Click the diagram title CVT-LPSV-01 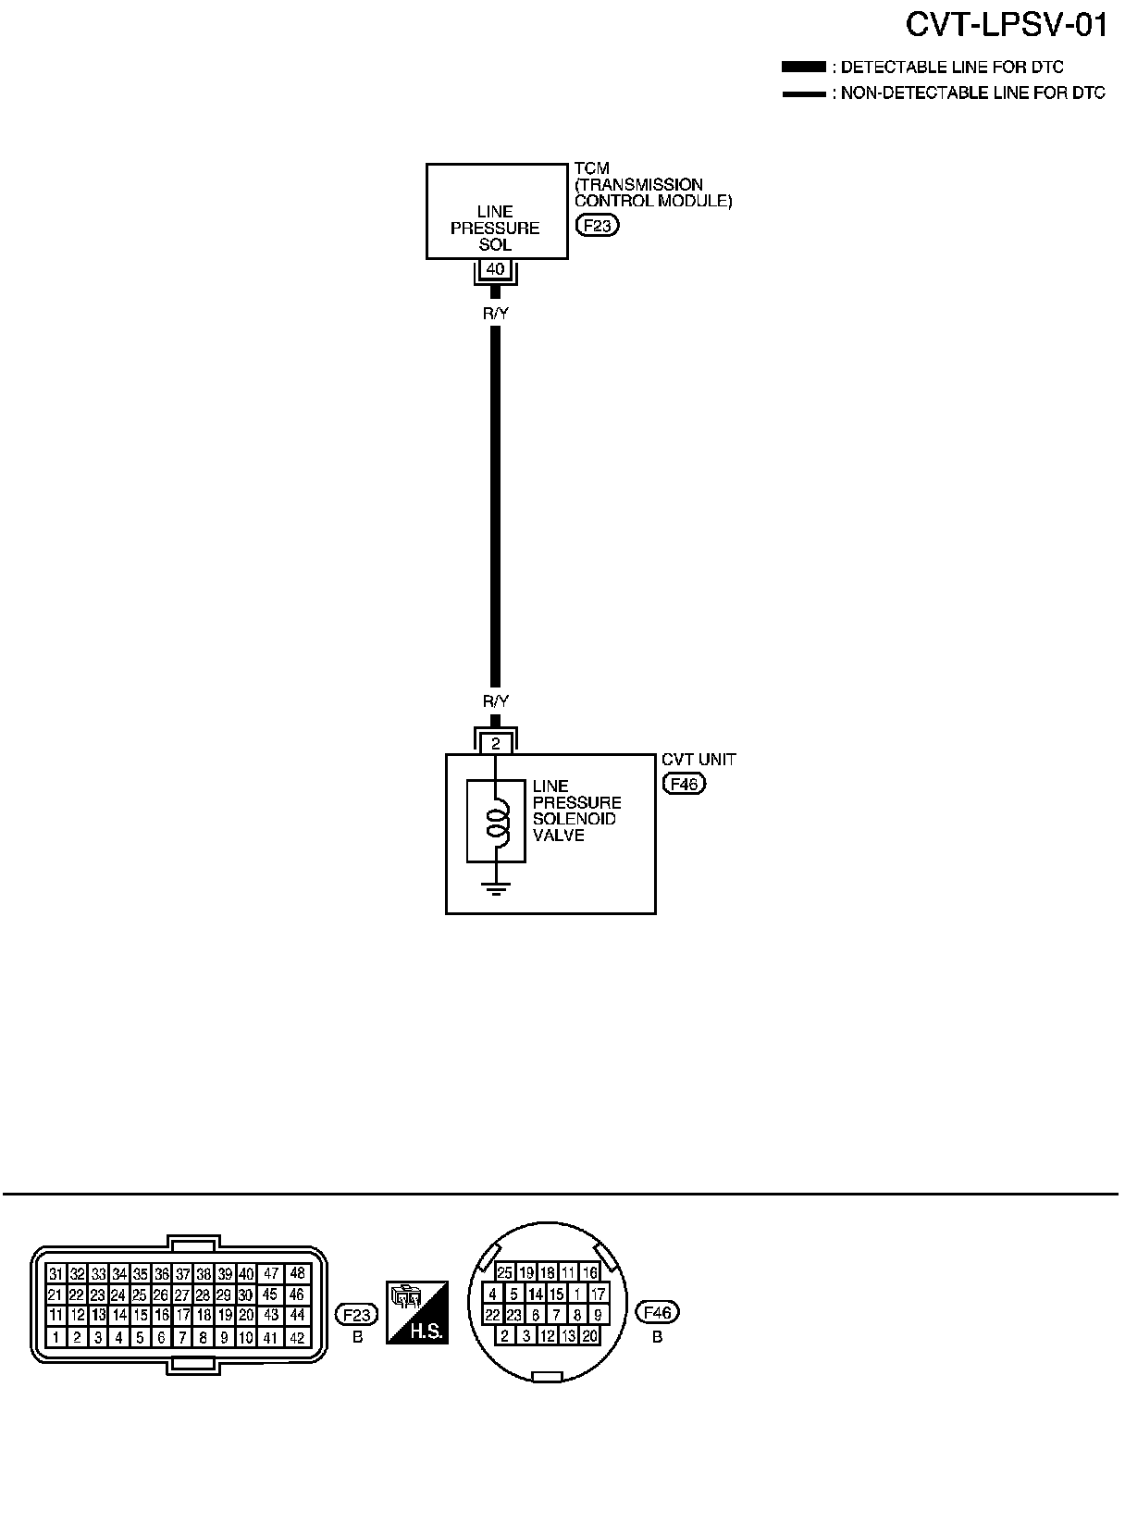pos(1006,26)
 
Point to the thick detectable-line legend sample pos(803,68)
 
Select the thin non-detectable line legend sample pos(803,93)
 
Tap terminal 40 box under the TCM pos(496,269)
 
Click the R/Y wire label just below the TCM pos(496,314)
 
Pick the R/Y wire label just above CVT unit pos(496,701)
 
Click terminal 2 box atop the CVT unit pos(496,743)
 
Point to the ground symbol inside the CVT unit pos(497,890)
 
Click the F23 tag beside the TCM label pos(597,224)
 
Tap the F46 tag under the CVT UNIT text pos(684,784)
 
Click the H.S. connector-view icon pos(417,1312)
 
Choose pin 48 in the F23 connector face pos(296,1273)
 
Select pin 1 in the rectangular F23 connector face pos(56,1337)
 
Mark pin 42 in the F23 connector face pos(296,1337)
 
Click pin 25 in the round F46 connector pos(504,1273)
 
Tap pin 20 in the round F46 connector pos(589,1335)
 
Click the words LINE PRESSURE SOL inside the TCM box pos(495,228)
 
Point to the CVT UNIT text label pos(698,760)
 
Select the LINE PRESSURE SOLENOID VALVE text pos(576,811)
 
